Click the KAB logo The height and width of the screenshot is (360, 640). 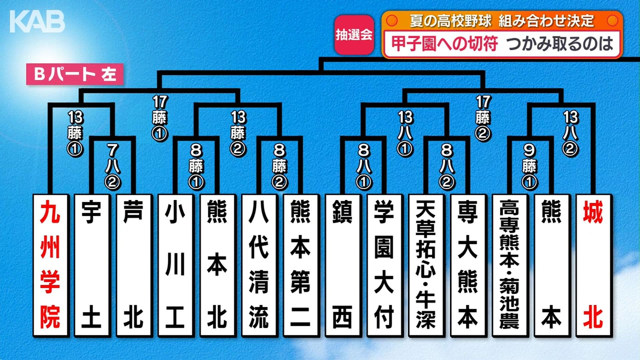pyautogui.click(x=37, y=22)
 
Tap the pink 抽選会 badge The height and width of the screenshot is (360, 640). pyautogui.click(x=354, y=35)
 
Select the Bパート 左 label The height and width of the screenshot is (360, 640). pyautogui.click(x=75, y=74)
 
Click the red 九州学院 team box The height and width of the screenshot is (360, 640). pyautogui.click(x=51, y=265)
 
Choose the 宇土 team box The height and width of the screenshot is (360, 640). pyautogui.click(x=92, y=265)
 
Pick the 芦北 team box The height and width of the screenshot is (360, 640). pyautogui.click(x=134, y=265)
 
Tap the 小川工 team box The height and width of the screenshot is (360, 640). pyautogui.click(x=175, y=265)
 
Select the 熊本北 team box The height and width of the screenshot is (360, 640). pyautogui.click(x=217, y=265)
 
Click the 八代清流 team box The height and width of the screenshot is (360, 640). pyautogui.click(x=259, y=265)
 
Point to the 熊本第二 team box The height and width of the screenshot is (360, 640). pyautogui.click(x=301, y=265)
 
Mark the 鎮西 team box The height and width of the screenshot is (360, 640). pyautogui.click(x=343, y=265)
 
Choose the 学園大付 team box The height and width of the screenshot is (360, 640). pyautogui.click(x=384, y=265)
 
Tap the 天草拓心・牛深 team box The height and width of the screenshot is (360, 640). pyautogui.click(x=426, y=265)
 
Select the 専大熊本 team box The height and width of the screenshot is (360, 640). pyautogui.click(x=468, y=265)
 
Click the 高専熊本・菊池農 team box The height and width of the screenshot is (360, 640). pyautogui.click(x=510, y=265)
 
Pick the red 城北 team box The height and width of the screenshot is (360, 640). pyautogui.click(x=594, y=265)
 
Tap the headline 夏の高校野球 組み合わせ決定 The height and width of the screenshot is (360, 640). pyautogui.click(x=502, y=21)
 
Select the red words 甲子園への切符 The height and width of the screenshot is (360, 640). pyautogui.click(x=445, y=44)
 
